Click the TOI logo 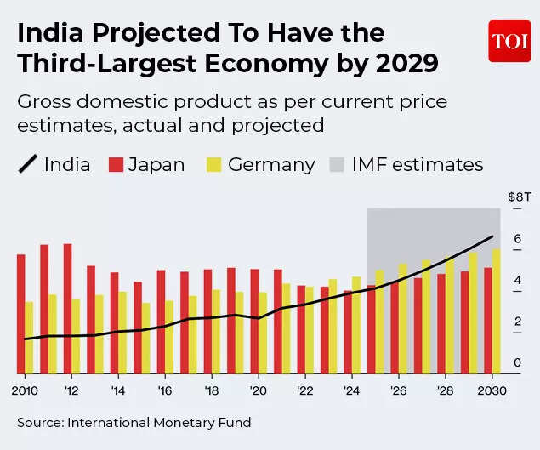coord(509,41)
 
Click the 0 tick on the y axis coord(517,364)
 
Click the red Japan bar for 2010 coord(20,313)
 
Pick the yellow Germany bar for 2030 coord(496,310)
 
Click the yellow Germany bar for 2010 coord(29,337)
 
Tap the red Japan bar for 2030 coord(487,320)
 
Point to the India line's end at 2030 coord(492,236)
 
